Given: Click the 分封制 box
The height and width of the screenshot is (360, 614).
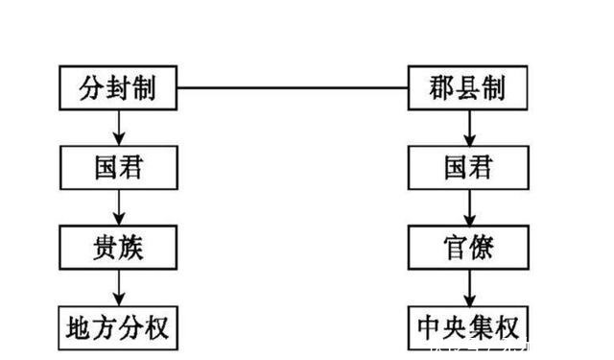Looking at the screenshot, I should (x=118, y=88).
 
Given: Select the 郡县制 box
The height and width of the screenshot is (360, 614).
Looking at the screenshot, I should (x=468, y=88).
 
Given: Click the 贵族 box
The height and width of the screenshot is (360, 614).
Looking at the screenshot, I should (x=118, y=248).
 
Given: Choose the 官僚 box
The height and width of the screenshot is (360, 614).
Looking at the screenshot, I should (x=468, y=248).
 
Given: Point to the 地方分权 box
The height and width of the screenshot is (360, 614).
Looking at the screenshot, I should (x=118, y=327).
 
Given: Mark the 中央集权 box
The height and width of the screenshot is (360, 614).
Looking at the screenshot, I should (x=468, y=327).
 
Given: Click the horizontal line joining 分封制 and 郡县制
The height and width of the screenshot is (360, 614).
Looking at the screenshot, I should (x=293, y=88).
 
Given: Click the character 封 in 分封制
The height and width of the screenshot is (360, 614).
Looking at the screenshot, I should (x=118, y=88).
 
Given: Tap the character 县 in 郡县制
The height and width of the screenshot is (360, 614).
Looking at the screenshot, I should (x=468, y=88).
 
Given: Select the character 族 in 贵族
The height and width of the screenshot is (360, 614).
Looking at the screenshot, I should (x=134, y=248).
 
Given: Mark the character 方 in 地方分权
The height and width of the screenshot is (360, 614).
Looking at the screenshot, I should (x=104, y=327).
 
